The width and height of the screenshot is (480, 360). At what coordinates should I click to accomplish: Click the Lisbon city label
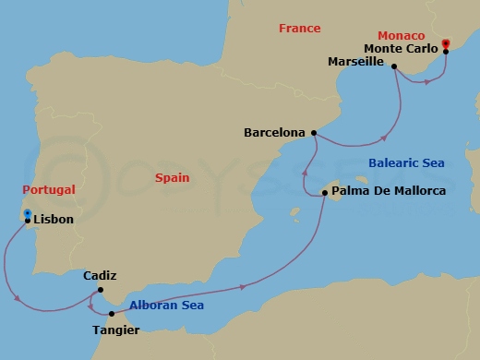click(54, 221)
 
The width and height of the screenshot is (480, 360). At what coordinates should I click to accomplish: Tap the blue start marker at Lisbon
click(28, 213)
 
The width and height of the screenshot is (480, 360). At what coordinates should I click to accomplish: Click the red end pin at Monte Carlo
click(445, 42)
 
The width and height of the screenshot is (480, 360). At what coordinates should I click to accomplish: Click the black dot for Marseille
click(394, 66)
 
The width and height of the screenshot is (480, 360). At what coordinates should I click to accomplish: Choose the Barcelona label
click(274, 133)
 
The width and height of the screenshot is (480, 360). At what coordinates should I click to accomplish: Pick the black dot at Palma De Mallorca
click(324, 194)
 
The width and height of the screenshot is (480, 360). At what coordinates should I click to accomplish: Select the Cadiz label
click(99, 275)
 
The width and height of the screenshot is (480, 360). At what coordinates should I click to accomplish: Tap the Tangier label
click(116, 329)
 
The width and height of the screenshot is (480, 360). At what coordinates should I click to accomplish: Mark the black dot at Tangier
click(112, 314)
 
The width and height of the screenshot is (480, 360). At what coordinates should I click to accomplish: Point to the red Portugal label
click(49, 190)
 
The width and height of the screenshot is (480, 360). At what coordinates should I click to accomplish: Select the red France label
click(300, 29)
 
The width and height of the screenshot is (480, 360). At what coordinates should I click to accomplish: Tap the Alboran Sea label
click(167, 306)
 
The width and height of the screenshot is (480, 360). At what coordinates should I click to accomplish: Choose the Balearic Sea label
click(406, 162)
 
